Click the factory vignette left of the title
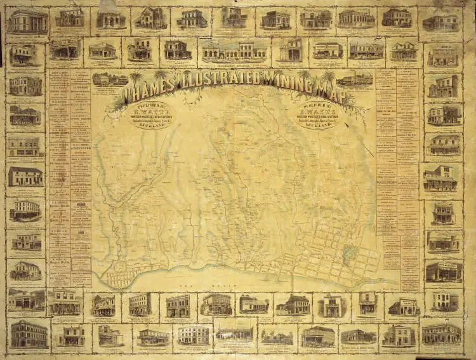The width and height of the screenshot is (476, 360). click(x=110, y=79)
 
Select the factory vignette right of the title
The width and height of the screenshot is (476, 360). click(x=355, y=79)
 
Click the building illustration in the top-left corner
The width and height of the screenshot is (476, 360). click(x=27, y=22)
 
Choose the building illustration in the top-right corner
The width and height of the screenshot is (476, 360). click(x=440, y=22)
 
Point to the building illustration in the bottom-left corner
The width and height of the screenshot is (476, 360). click(x=29, y=333)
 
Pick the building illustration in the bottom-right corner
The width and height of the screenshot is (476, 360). click(x=442, y=332)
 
